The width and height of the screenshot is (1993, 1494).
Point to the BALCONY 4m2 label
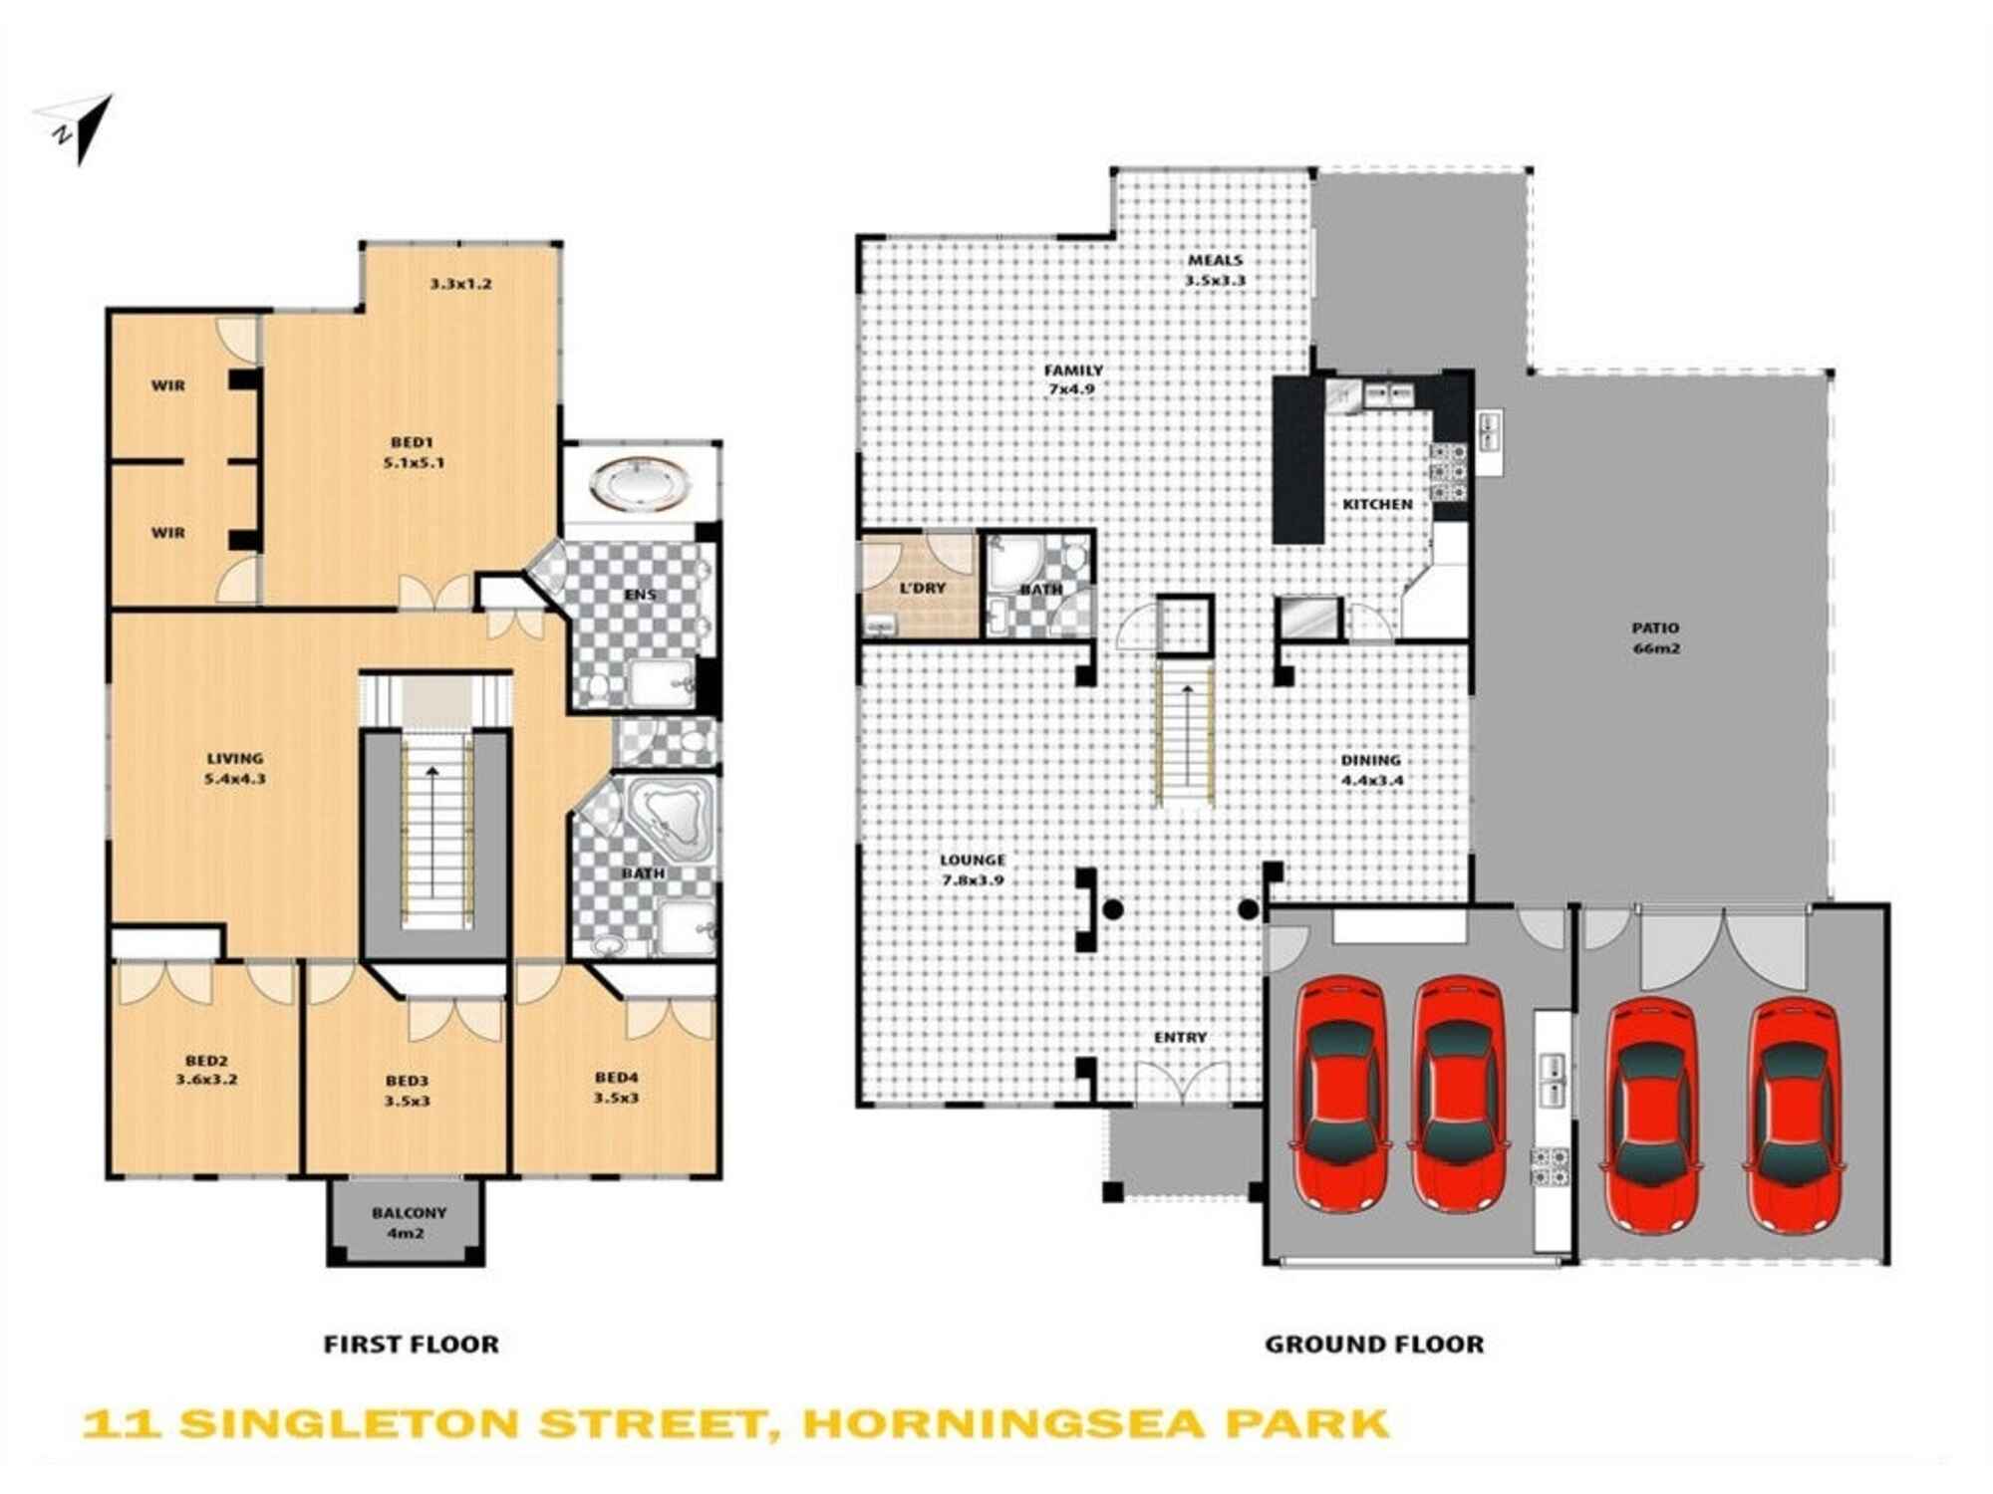point(409,1222)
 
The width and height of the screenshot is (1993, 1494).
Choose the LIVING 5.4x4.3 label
point(235,769)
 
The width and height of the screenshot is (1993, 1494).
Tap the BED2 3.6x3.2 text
point(206,1071)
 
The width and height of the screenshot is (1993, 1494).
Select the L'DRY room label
point(922,589)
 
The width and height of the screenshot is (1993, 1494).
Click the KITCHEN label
point(1377,505)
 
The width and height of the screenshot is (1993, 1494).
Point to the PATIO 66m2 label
point(1655,637)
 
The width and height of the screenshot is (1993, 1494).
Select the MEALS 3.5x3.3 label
point(1215,270)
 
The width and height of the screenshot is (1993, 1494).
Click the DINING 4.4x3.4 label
point(1371,769)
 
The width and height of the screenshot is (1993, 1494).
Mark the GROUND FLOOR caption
point(1374,1345)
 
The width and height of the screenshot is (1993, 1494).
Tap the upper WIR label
point(168,385)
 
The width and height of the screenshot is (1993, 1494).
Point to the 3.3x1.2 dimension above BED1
point(460,284)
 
